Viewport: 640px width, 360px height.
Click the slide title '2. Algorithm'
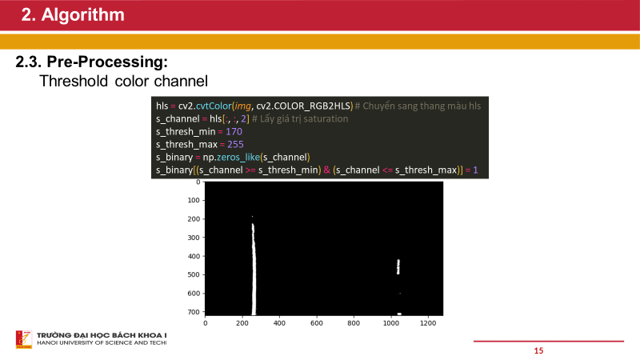click(73, 14)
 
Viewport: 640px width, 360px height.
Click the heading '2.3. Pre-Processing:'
click(95, 62)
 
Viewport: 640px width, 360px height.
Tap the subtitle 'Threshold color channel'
click(124, 81)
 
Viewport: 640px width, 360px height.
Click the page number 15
click(538, 350)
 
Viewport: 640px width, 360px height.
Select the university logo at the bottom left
click(22, 339)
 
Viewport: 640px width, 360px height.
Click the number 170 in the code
click(234, 131)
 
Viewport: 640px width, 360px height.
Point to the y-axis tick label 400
click(192, 257)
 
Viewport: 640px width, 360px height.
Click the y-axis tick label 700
click(192, 312)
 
